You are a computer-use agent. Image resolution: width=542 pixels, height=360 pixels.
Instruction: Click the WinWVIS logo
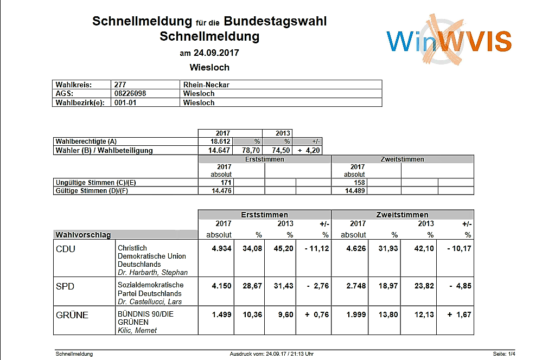coord(449,40)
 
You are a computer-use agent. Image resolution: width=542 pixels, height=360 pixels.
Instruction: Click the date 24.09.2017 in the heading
coord(216,53)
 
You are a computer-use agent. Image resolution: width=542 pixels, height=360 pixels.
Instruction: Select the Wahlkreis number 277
coord(120,85)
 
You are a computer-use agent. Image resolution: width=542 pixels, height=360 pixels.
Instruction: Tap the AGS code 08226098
coord(130,94)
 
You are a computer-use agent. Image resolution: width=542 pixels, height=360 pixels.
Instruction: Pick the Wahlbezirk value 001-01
coord(125,102)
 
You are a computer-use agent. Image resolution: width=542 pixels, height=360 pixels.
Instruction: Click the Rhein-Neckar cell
coord(206,85)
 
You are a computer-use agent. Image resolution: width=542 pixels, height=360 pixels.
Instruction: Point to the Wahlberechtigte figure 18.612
coord(220,142)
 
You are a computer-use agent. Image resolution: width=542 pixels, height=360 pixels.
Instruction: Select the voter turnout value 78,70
coord(251,150)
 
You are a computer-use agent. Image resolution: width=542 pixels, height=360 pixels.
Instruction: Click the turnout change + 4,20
coord(308,150)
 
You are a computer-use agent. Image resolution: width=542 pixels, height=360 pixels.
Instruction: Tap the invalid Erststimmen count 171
coord(226,182)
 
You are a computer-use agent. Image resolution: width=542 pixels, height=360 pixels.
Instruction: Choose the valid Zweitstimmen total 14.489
coord(355,191)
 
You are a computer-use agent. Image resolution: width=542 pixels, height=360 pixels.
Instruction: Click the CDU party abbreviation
coord(65,249)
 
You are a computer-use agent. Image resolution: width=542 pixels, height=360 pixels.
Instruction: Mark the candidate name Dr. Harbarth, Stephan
coord(152,272)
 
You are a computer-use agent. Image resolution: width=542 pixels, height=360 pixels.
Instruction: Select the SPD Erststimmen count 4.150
coord(221,286)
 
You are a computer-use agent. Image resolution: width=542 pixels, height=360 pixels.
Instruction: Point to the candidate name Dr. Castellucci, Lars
coord(150,301)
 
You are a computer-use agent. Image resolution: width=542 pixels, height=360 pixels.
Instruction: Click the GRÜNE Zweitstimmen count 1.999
coord(356,315)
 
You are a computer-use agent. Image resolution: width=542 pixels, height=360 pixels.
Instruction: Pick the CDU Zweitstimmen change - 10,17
coord(459,248)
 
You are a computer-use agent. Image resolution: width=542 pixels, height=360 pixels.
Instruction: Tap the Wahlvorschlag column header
coord(83,235)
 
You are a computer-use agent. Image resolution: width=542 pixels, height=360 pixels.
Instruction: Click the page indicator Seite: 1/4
coord(504,354)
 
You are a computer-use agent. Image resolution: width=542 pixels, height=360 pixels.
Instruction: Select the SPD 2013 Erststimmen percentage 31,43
coord(283,286)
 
